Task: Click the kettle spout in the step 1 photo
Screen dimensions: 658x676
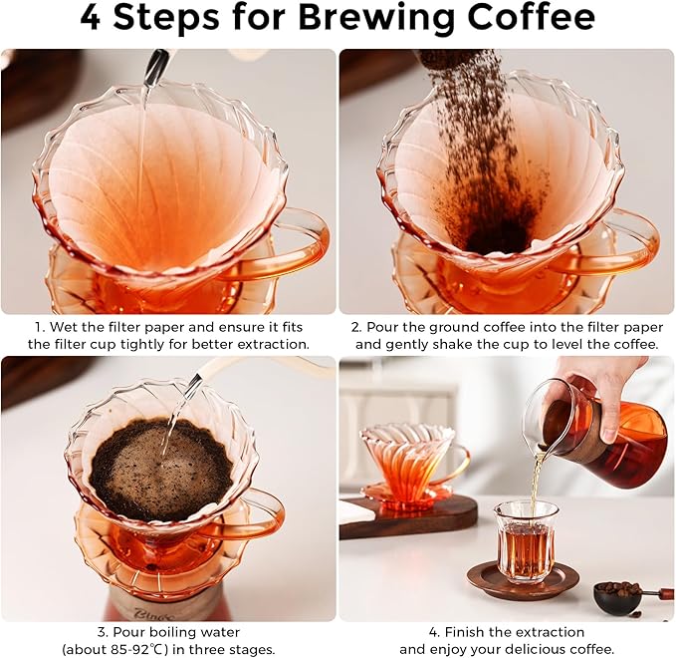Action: pos(155,68)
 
